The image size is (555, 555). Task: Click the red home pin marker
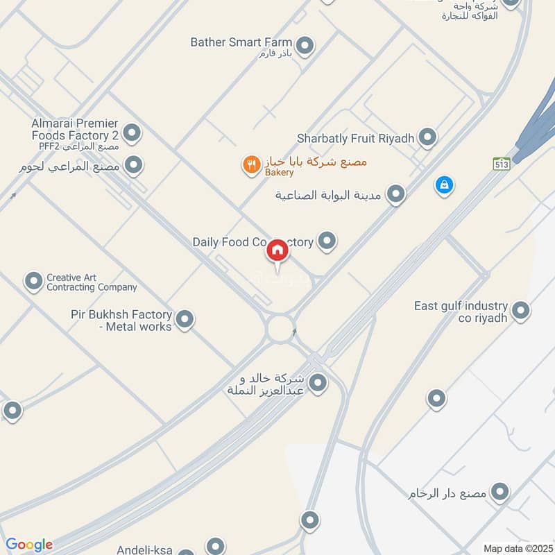(277, 251)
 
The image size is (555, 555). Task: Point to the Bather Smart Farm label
(241, 43)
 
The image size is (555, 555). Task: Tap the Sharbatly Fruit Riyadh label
(355, 138)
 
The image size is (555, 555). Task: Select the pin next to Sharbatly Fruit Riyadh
(428, 137)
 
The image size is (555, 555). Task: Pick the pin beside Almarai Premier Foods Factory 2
(131, 132)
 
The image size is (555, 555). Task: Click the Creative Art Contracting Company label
(92, 282)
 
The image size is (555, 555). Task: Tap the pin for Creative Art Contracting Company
(33, 281)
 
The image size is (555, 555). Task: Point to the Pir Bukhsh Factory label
(121, 320)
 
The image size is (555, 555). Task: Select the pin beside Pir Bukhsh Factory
(185, 319)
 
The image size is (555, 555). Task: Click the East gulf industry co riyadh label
(461, 311)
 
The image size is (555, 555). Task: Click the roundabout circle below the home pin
(280, 328)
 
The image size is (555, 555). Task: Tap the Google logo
(29, 545)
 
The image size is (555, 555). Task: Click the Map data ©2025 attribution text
(517, 548)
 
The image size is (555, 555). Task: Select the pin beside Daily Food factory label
(327, 241)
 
